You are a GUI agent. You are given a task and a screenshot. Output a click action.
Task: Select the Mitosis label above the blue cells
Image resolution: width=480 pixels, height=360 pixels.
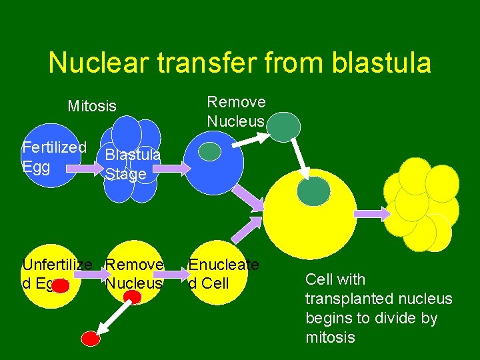tap(92, 106)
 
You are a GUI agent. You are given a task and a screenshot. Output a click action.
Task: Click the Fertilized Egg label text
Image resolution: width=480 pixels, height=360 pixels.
tap(53, 156)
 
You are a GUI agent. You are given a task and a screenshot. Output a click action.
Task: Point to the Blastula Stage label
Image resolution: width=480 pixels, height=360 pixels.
tap(132, 164)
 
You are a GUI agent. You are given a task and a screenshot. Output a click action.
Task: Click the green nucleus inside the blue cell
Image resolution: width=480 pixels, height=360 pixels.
tap(209, 152)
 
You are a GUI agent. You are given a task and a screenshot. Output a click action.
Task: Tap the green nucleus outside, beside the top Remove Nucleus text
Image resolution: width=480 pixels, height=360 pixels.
tap(286, 127)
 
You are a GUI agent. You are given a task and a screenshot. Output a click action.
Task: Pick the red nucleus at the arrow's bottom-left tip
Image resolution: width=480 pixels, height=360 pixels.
tap(89, 339)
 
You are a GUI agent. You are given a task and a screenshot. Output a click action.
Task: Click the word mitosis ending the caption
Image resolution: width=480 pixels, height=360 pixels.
tap(330, 337)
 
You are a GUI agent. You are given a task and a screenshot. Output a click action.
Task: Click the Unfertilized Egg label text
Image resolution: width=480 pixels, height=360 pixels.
tap(57, 274)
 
